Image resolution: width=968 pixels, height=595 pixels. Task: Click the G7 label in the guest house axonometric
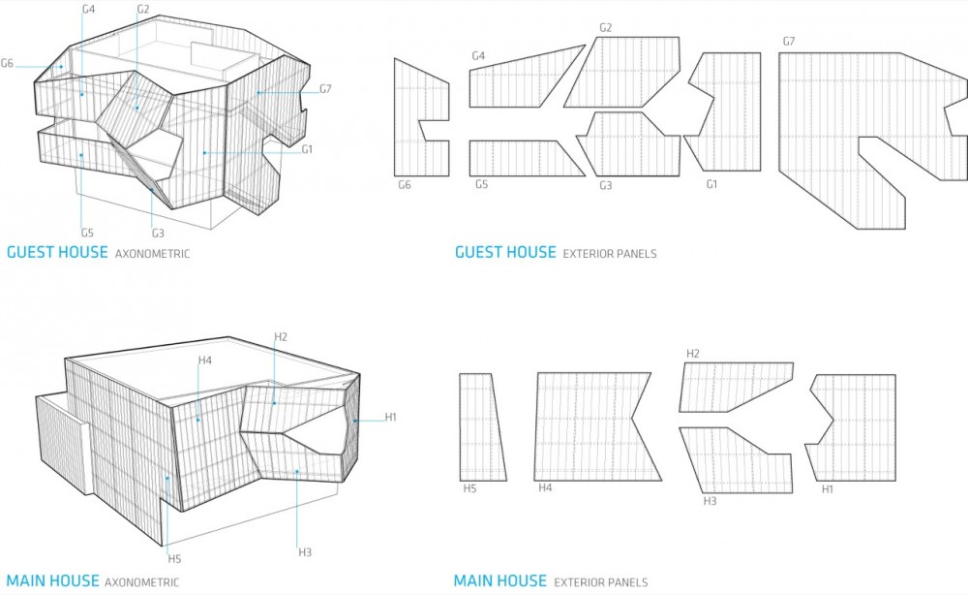[325, 89]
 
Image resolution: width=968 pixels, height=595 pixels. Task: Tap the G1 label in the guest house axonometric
[307, 149]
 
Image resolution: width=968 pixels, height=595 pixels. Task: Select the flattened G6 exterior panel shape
[422, 117]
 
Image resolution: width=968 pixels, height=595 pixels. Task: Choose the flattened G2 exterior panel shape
[622, 73]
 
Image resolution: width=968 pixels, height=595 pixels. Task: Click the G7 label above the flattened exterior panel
[789, 42]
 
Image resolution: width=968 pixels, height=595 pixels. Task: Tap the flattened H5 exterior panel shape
[481, 427]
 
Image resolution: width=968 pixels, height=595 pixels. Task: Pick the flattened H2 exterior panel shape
[735, 388]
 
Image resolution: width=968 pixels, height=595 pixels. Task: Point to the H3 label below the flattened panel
[710, 501]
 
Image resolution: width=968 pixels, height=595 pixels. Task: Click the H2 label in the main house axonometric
[281, 336]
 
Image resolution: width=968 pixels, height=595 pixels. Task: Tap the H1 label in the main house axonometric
[391, 417]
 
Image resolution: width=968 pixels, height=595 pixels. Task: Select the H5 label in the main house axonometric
[174, 559]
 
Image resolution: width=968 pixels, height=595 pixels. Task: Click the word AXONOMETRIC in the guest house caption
[153, 253]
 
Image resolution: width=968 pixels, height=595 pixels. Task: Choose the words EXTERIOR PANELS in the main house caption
[601, 582]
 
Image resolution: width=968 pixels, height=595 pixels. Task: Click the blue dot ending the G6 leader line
[62, 67]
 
